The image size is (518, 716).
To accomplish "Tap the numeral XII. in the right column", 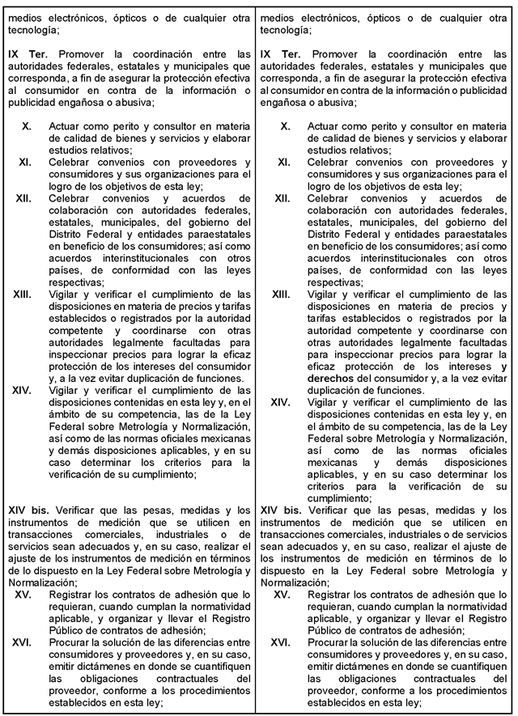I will click(282, 198).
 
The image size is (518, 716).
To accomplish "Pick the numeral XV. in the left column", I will click(23, 595).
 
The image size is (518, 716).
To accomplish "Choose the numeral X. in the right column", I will click(285, 127).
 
